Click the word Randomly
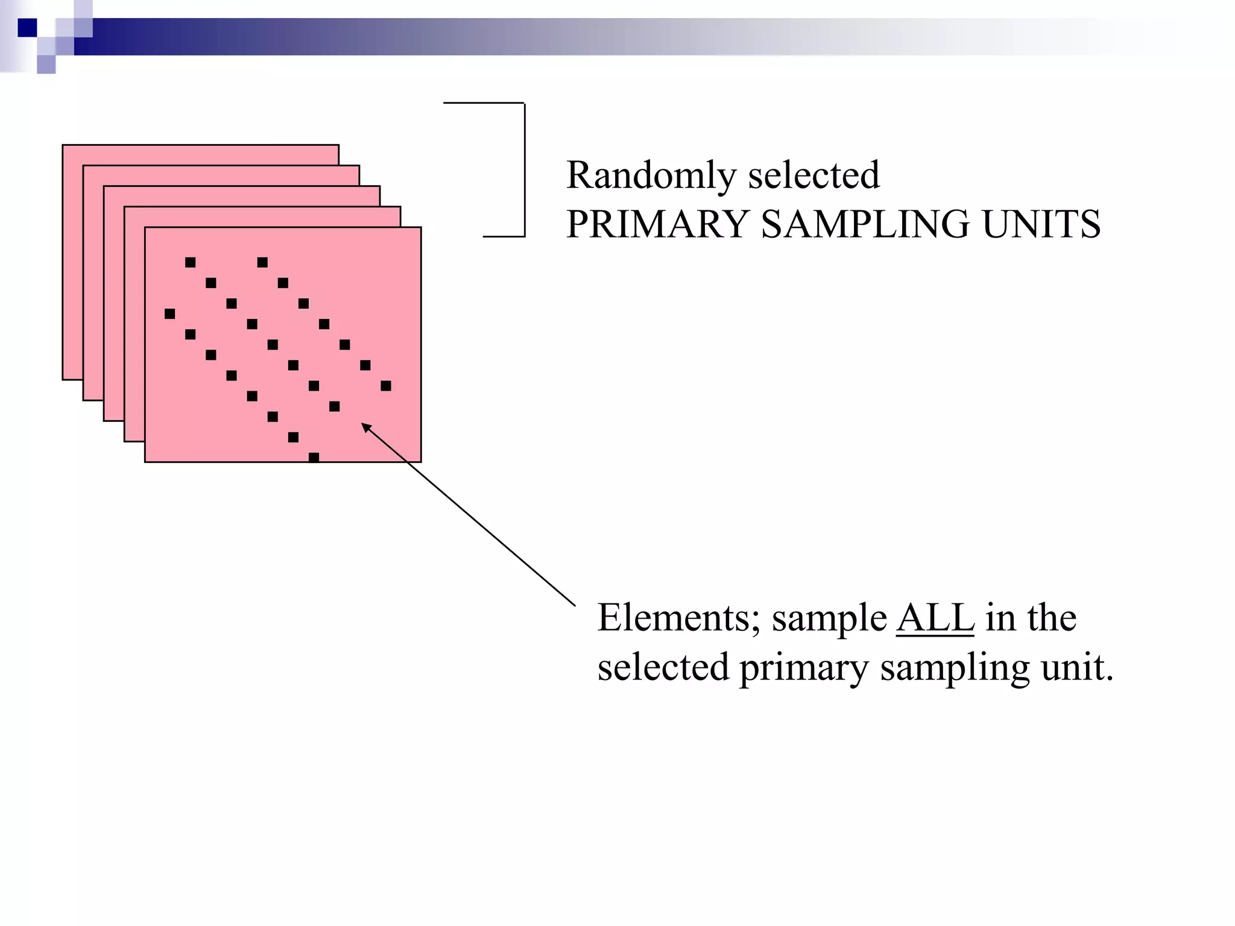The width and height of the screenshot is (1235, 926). pos(651,176)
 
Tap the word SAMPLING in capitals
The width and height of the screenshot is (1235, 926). pos(865,224)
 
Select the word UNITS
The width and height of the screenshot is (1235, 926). pos(1041,224)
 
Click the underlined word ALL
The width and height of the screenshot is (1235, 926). pos(935,618)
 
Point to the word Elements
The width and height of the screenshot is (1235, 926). pos(673,618)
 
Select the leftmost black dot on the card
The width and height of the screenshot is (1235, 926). pos(170,313)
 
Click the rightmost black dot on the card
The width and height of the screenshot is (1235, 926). pos(386,386)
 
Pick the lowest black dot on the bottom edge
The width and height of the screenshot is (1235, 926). pos(314,458)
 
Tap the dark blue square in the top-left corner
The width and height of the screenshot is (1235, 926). pos(27,28)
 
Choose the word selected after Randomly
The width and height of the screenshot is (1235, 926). pos(813,176)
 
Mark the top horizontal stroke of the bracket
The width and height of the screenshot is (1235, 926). pos(484,103)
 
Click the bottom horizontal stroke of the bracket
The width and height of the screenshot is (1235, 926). pos(504,236)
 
